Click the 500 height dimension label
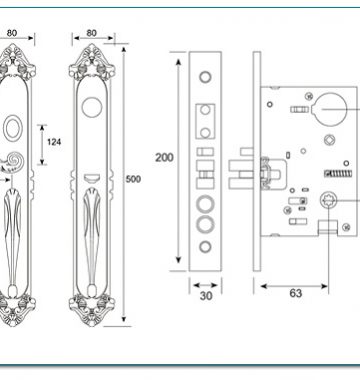point(133,179)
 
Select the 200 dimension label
point(164,157)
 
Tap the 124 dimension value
point(54,142)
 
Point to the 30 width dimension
point(206,296)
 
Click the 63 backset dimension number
point(296,293)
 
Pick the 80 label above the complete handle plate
point(91,33)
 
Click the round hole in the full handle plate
point(92,107)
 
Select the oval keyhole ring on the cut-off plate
point(13,127)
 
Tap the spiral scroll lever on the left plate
point(12,162)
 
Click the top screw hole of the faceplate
point(205,77)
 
